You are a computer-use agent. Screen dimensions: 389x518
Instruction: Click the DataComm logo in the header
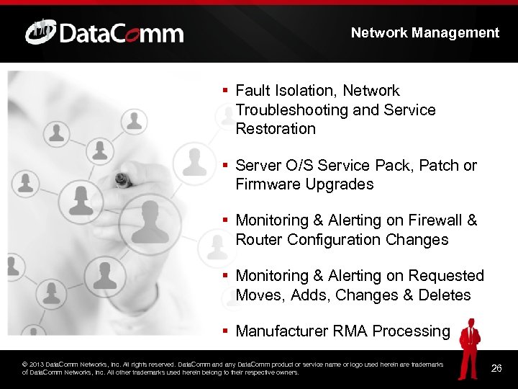pos(104,32)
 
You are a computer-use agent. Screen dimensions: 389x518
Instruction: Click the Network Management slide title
pos(424,32)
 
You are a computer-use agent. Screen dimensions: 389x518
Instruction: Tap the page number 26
pos(496,369)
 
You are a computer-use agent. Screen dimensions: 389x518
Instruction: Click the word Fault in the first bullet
pos(252,91)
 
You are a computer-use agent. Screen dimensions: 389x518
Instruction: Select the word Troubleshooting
pos(292,110)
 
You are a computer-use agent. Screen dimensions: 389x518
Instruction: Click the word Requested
pos(446,276)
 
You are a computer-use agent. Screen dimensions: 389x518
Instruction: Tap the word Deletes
pos(446,295)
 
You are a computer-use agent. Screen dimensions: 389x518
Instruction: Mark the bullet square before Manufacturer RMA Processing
pos(225,331)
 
